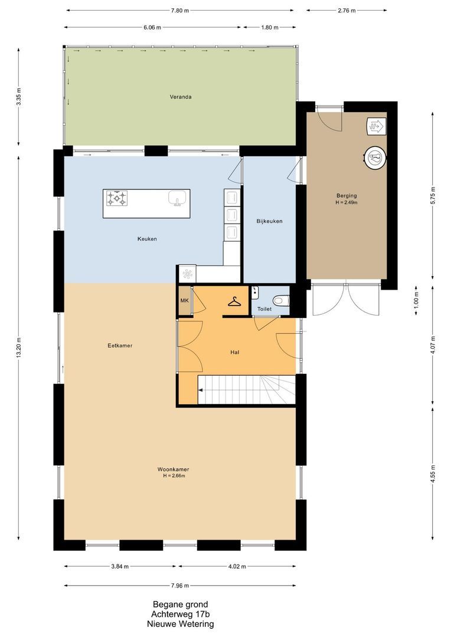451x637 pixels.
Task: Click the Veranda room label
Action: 181,97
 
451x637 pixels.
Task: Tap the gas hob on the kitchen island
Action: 117,198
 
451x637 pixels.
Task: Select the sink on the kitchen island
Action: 178,198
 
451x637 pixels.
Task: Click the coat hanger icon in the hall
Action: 234,301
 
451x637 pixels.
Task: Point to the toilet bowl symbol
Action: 280,301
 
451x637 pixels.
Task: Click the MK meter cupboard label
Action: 185,301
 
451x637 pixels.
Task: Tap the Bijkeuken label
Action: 269,221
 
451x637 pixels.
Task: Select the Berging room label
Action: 347,195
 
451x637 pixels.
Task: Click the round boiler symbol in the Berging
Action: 374,157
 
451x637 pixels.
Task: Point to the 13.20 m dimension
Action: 19,348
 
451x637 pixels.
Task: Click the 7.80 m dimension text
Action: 179,11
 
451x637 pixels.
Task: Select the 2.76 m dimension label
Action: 347,11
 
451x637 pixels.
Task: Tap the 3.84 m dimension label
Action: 120,566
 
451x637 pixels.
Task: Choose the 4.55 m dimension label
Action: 433,474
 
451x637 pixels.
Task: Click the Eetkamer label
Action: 120,346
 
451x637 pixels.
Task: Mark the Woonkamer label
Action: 173,469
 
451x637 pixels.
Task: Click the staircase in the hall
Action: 246,390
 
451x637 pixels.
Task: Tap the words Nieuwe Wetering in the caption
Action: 181,623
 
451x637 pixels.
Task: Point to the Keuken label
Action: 147,239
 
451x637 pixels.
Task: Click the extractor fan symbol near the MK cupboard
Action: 188,274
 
